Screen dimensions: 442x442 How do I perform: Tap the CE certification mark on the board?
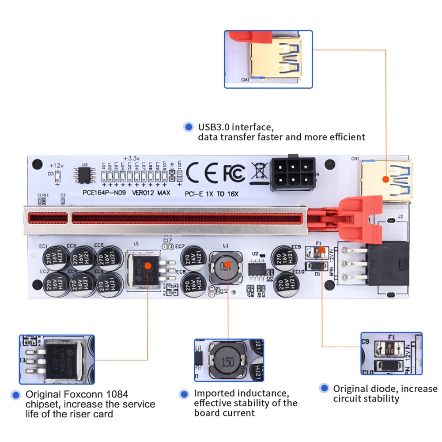tap(203, 173)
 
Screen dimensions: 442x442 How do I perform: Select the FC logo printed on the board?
tap(233, 173)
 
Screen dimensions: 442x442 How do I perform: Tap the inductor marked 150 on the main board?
tap(226, 268)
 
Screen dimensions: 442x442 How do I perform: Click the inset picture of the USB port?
tap(268, 59)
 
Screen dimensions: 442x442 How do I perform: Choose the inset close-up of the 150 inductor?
tap(229, 360)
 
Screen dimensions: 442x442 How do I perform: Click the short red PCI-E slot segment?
tap(48, 218)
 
